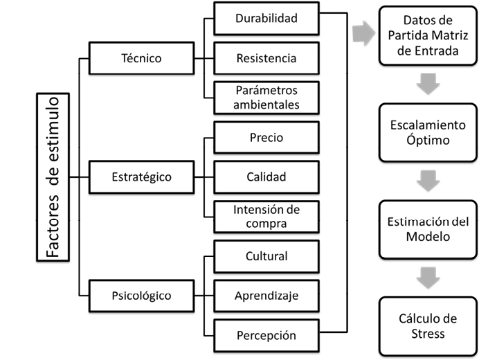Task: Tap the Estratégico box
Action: coord(141,177)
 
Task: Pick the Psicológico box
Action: coord(141,296)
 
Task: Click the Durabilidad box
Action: coord(266,19)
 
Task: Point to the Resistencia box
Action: coord(266,58)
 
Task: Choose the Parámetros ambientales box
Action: coord(266,98)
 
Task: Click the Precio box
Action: coord(266,138)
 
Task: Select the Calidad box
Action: coord(266,177)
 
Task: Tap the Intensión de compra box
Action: coord(266,217)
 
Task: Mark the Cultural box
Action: coord(266,256)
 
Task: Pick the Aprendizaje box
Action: coord(266,296)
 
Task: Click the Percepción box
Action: coord(266,335)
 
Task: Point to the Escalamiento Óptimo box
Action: coord(426,132)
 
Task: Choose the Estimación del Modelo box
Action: coord(426,229)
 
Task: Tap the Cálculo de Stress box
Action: coord(426,326)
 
